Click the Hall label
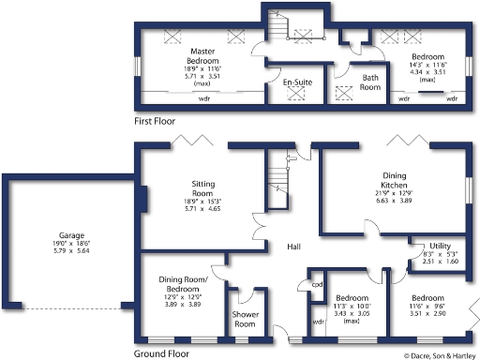292,247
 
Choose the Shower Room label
245,319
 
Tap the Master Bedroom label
202,55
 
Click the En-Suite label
298,82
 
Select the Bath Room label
370,81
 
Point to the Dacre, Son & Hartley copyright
440,355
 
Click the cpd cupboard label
317,284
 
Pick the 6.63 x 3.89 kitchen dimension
395,200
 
